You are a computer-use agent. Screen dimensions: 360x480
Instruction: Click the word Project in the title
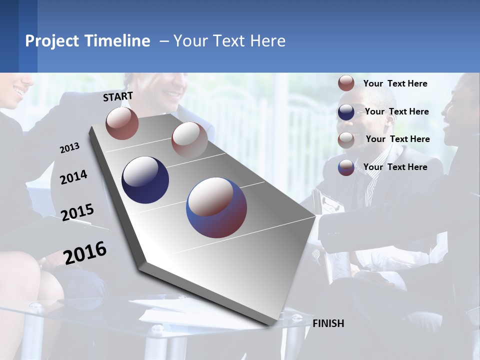coord(49,41)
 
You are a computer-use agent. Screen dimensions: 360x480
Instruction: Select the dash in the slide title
coord(164,41)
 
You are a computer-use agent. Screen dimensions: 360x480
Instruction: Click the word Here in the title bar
coord(267,41)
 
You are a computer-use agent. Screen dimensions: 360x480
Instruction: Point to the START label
coord(118,96)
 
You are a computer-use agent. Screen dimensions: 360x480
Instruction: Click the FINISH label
coord(328,323)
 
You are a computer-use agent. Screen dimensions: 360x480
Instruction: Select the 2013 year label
coord(70,148)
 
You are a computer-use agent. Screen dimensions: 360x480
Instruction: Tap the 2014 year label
coord(73,177)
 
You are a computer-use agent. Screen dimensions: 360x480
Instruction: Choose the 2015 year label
coord(77,212)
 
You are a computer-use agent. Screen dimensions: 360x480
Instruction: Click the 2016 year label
coord(85,252)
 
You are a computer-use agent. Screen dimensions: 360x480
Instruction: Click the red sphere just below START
coord(122,123)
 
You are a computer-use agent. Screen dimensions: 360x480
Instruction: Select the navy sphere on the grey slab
coord(145,180)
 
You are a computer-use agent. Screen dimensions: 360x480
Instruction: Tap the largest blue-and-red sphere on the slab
coord(216,207)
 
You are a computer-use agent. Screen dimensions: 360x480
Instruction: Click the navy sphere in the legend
coord(346,112)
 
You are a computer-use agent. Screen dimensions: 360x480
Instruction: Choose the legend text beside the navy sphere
coord(396,111)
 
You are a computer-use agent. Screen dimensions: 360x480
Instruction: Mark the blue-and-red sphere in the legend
coord(346,167)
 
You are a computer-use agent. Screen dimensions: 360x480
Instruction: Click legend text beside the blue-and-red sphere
coord(395,167)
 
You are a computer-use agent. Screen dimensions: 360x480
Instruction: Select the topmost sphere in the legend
coord(346,83)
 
